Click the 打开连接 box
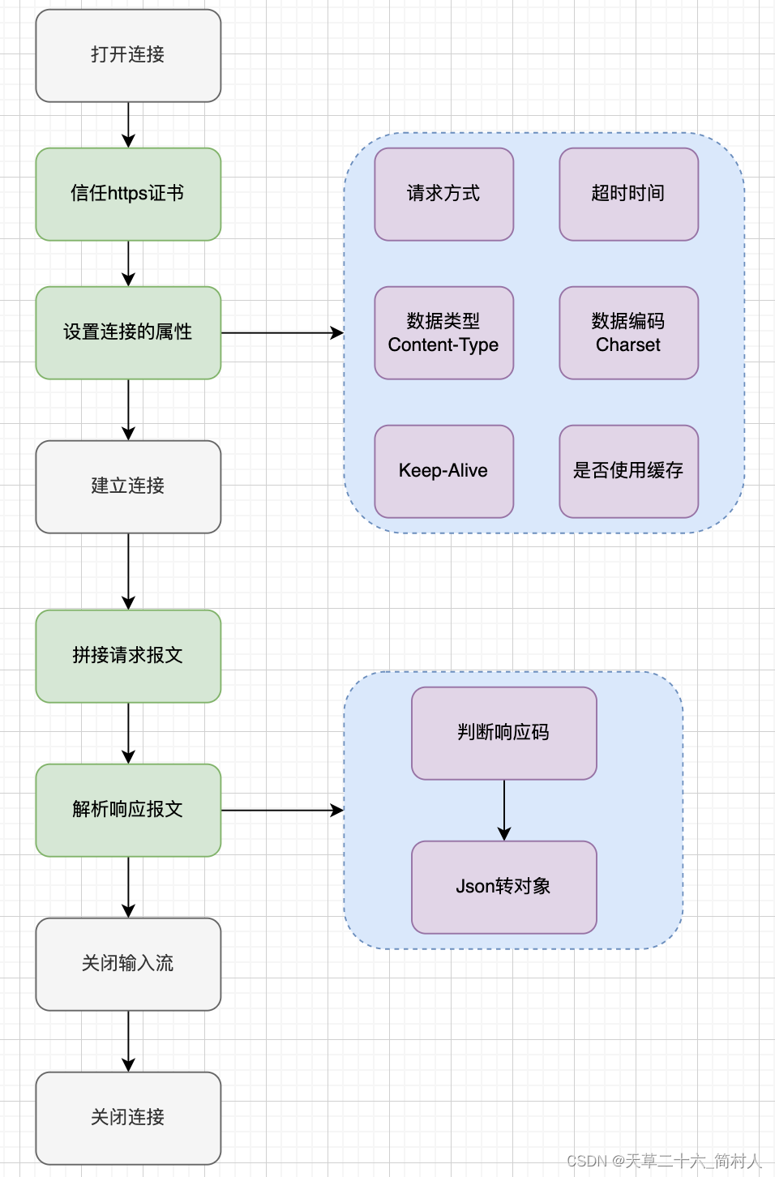(128, 56)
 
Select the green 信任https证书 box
(128, 195)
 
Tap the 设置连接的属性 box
(128, 332)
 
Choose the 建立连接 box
(128, 486)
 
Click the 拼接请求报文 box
(128, 656)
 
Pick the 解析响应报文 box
(128, 810)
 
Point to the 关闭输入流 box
(128, 964)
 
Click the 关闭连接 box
(128, 1118)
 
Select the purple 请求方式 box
(443, 195)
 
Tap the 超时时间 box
(628, 195)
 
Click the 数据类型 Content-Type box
(443, 332)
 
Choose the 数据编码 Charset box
(628, 332)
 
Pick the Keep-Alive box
(443, 471)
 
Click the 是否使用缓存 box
(628, 471)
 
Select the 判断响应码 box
(503, 733)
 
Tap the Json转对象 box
(503, 887)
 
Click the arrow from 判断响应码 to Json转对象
(504, 810)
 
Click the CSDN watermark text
(664, 1161)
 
